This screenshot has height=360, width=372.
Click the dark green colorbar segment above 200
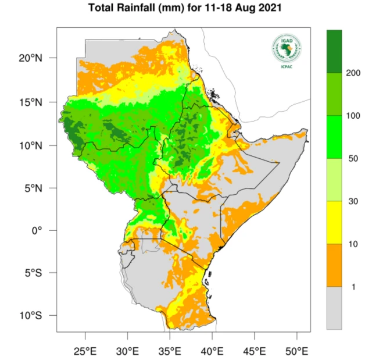point(334,51)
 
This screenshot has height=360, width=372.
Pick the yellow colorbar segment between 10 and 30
point(334,222)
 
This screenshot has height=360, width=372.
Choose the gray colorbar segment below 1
point(334,308)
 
